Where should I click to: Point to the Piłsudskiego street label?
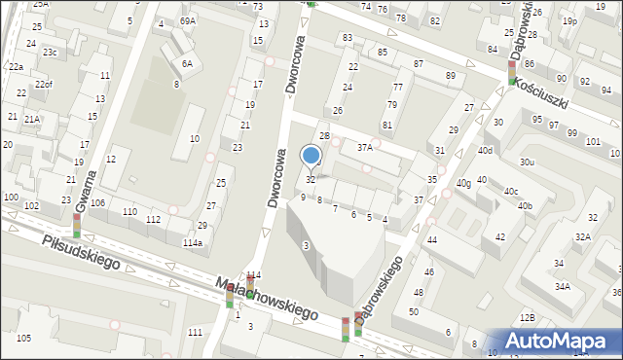[80, 251]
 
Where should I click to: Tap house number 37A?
[364, 148]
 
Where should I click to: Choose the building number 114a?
[193, 242]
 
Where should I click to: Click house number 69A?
[188, 20]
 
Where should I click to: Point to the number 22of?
[44, 85]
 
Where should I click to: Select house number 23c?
[49, 52]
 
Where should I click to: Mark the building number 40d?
[485, 151]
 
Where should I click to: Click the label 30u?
[527, 162]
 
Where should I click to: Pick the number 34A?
[563, 286]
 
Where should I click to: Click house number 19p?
[569, 20]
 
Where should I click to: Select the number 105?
[23, 338]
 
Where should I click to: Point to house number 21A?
[32, 119]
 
